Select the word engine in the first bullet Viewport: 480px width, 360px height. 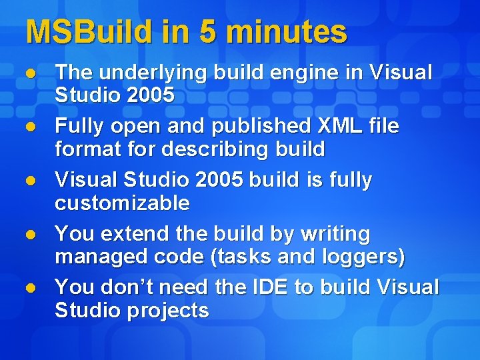pos(301,73)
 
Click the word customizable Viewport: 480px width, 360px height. pos(122,203)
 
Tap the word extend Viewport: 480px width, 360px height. pos(133,234)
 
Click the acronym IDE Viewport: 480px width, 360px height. pos(270,287)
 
